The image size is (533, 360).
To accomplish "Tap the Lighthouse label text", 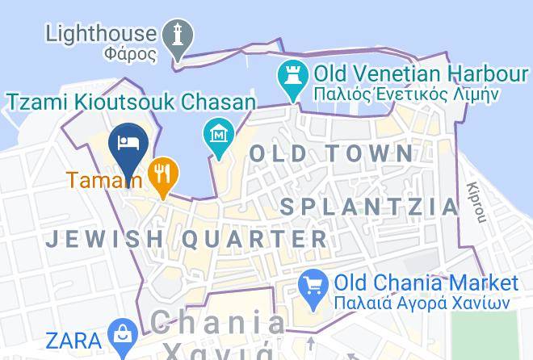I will pos(100,33).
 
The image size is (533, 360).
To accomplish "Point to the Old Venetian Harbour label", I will pos(420,74).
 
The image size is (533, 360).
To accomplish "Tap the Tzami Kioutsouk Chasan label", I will pos(131,102).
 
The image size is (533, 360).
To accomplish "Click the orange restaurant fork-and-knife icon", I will pos(164,174).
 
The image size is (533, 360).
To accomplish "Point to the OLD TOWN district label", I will pos(331,153).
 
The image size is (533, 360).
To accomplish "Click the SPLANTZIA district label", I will pos(369,207).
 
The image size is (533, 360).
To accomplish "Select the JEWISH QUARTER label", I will pos(187,239).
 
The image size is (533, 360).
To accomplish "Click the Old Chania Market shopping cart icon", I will pos(312,285).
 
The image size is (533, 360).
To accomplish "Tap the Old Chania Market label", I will pos(426,283).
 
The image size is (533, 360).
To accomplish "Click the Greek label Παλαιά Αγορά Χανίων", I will pos(422,303).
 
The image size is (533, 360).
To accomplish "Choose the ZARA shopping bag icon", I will pos(122,336).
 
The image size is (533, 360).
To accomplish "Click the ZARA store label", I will pos(73,338).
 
